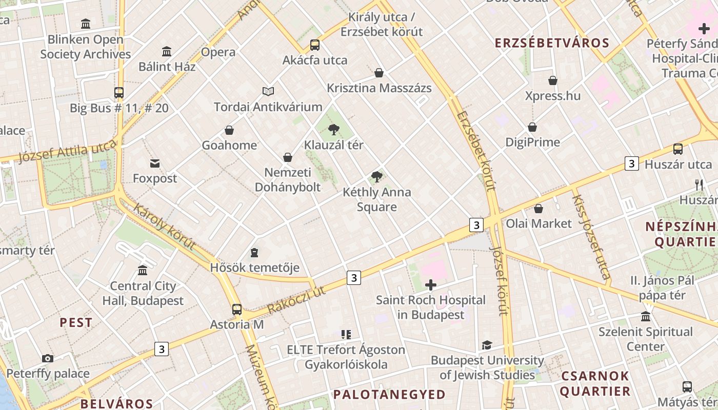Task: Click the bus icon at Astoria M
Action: tap(236, 309)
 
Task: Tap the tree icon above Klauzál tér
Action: tap(334, 129)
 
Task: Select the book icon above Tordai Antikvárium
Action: tap(268, 91)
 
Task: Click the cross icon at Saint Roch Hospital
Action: tap(431, 285)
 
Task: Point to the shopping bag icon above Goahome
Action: tap(229, 130)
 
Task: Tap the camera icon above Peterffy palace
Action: tap(48, 358)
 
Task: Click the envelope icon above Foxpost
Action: tap(155, 163)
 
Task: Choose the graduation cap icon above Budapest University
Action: tap(487, 345)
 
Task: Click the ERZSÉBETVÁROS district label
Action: tap(552, 43)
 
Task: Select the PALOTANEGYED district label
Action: tap(389, 394)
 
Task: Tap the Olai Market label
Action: tap(538, 223)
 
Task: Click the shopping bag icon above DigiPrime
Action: tap(532, 127)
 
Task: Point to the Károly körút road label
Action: tap(165, 226)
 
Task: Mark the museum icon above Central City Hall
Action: tap(143, 270)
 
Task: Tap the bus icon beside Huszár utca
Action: tap(677, 149)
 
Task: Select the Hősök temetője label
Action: tap(254, 268)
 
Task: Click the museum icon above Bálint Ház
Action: tap(167, 52)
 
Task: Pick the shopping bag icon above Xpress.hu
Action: tap(553, 80)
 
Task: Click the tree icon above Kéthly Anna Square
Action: tap(377, 177)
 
